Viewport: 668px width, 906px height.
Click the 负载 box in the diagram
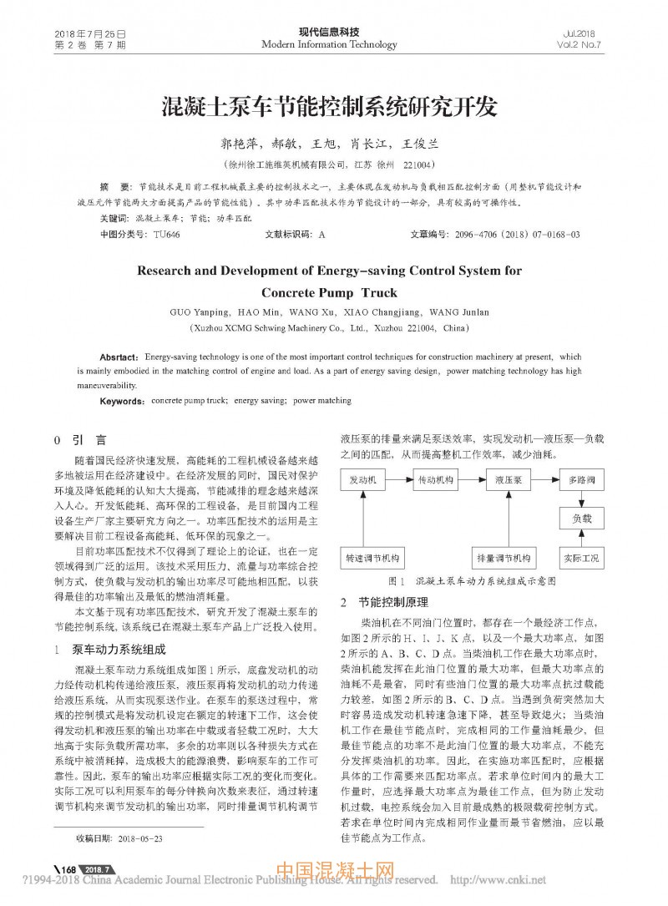[x=581, y=519]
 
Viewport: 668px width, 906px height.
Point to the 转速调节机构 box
[x=373, y=557]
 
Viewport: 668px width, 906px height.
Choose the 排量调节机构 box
[x=504, y=557]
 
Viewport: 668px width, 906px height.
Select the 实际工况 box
[x=581, y=557]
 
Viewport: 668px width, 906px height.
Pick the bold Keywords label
[x=123, y=401]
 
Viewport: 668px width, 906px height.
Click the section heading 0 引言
[x=79, y=438]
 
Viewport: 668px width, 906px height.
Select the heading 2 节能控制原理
[x=383, y=601]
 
